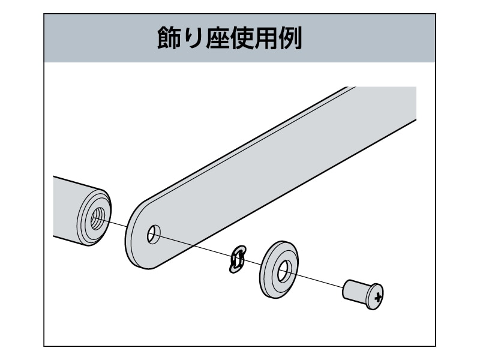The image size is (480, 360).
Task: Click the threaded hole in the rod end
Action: (96, 218)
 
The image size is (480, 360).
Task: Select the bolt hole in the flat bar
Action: (154, 235)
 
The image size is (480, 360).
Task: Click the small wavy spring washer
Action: (238, 259)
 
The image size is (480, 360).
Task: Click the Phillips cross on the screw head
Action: (377, 296)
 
